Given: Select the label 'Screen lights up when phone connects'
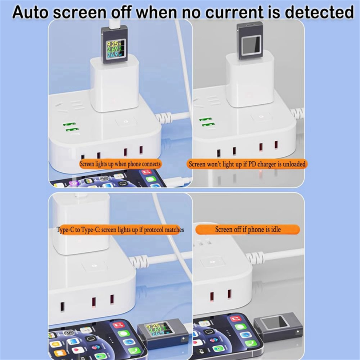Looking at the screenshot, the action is click(x=120, y=164).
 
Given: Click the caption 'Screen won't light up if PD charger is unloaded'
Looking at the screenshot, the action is click(x=247, y=164).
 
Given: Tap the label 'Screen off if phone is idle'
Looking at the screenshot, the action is click(x=248, y=229).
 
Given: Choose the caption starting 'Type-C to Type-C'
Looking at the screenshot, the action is click(x=120, y=229).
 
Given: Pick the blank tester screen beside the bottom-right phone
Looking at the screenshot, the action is click(x=275, y=322).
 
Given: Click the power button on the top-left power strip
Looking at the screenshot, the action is click(x=125, y=121).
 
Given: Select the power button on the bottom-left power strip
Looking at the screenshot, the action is click(x=94, y=266).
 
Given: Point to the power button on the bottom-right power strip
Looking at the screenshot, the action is click(x=212, y=262).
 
